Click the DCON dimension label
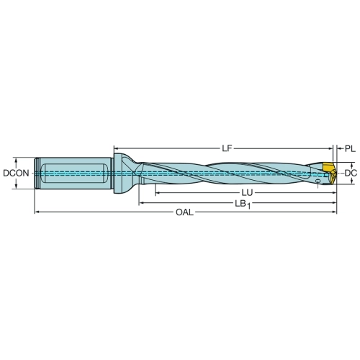[16, 173]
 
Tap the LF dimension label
[227, 148]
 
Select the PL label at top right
[350, 149]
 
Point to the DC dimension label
[351, 173]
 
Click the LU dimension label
[247, 192]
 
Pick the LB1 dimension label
[243, 204]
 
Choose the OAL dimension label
[184, 212]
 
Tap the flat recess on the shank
[73, 173]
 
